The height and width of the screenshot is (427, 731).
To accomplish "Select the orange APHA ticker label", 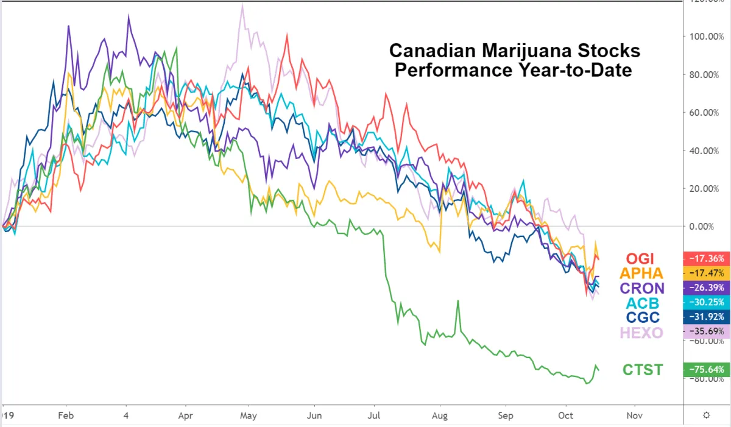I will point(641,273).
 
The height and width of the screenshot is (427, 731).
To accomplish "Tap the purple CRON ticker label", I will point(641,288).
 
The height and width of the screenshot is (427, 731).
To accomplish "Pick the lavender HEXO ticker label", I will point(641,333).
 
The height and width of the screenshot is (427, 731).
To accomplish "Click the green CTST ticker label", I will point(641,369).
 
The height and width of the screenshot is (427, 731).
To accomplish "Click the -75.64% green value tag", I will point(707,369).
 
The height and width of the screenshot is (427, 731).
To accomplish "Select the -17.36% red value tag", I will point(707,258).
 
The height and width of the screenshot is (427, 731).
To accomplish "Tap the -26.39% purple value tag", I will point(707,288).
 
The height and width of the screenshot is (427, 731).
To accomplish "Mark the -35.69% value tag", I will point(707,332).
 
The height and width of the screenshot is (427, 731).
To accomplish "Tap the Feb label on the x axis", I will point(65,415).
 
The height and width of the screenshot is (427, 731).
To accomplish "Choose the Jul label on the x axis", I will point(374,415).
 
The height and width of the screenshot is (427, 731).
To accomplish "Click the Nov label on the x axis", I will point(634,415).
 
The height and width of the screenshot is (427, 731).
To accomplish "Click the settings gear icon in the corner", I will point(706,415).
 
